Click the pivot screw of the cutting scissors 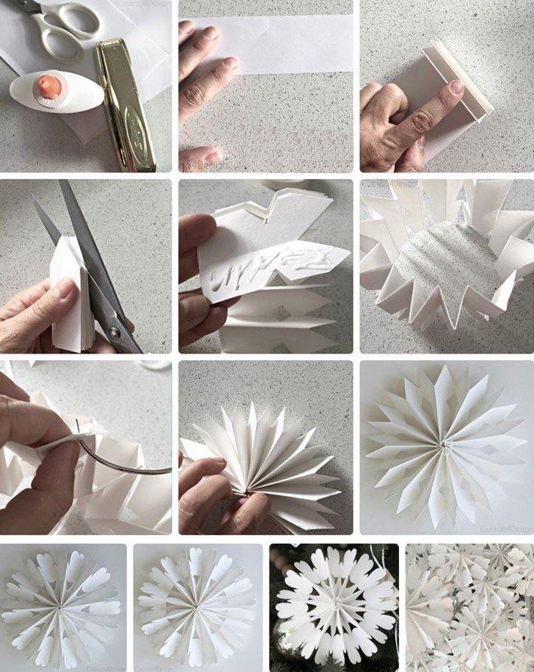coord(114,333)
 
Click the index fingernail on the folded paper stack coord(456,87)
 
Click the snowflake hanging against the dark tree coord(334,608)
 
